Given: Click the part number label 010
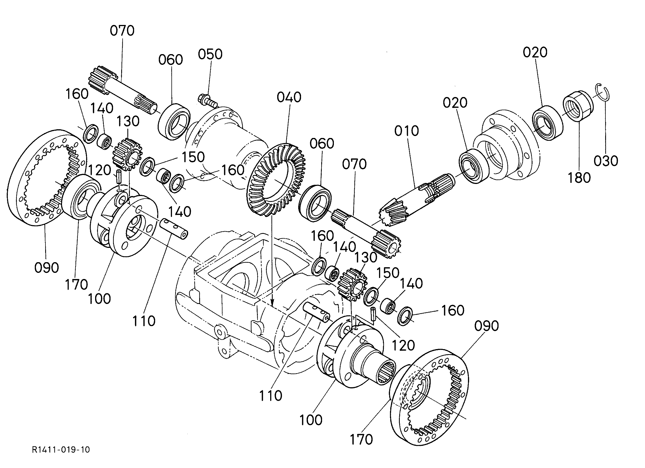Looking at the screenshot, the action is (407, 131).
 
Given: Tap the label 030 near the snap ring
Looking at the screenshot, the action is (606, 161).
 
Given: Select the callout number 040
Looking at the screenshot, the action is (289, 97).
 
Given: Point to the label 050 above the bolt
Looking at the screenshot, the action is (210, 54).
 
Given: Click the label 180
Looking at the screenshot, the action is (579, 178).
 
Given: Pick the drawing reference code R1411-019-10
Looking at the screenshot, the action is (61, 449).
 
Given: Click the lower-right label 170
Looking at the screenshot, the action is (361, 439).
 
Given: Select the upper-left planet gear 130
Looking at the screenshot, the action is (127, 155).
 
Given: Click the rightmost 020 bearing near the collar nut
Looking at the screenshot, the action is (548, 123).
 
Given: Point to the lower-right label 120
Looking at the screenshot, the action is (403, 345).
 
